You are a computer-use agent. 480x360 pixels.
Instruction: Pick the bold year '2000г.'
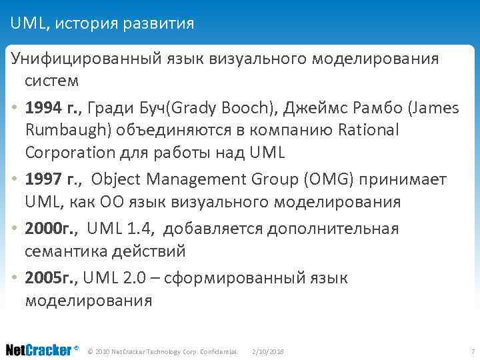(x=51, y=229)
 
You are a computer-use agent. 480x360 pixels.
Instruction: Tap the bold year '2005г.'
(x=51, y=278)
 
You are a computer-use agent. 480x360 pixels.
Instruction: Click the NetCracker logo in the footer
(x=40, y=350)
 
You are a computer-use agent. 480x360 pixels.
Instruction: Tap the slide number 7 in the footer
(x=472, y=351)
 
